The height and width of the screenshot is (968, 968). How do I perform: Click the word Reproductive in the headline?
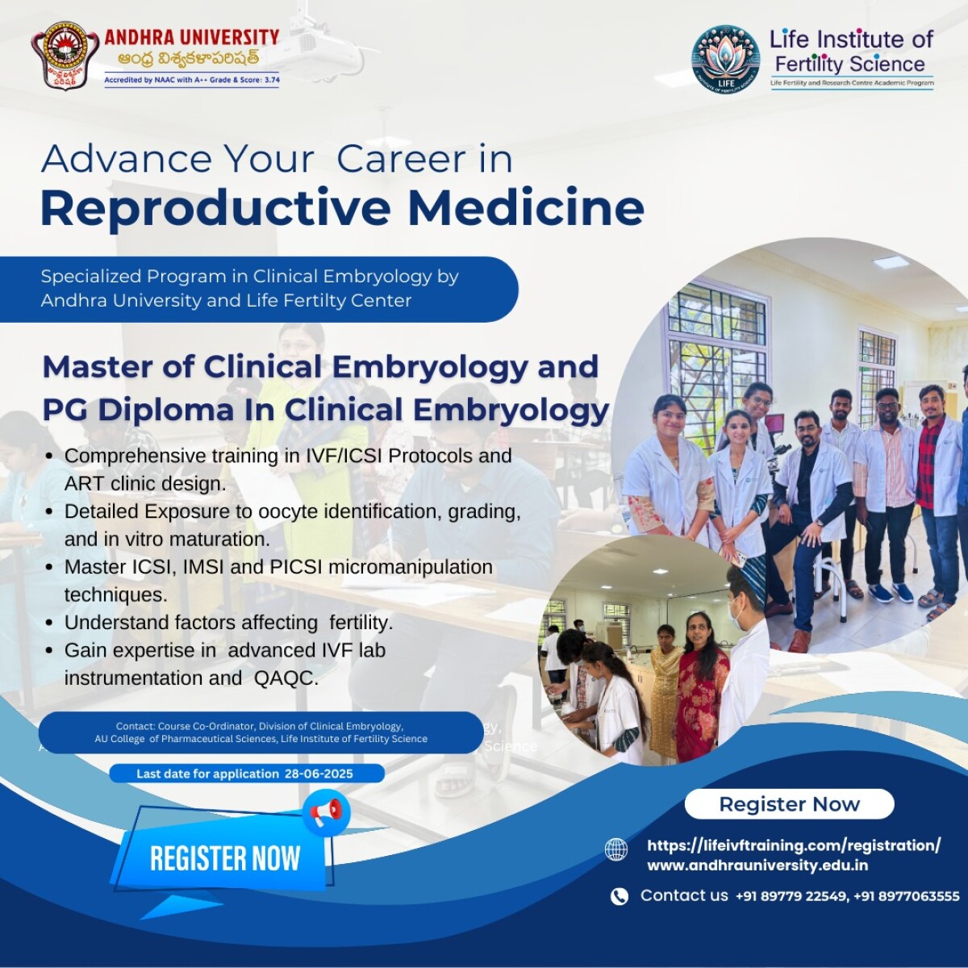coord(215,209)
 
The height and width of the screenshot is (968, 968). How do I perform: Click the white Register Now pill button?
coord(789,803)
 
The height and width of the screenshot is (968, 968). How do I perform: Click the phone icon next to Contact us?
coord(619,896)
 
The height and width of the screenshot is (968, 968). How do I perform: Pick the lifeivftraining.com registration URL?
coord(794,845)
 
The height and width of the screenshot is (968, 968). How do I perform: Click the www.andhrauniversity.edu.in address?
coord(757,866)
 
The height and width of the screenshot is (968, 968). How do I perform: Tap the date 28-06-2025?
coord(319,774)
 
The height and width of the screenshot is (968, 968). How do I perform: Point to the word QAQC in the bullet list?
coord(286,678)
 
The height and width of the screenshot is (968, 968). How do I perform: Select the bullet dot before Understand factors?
coord(49,623)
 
